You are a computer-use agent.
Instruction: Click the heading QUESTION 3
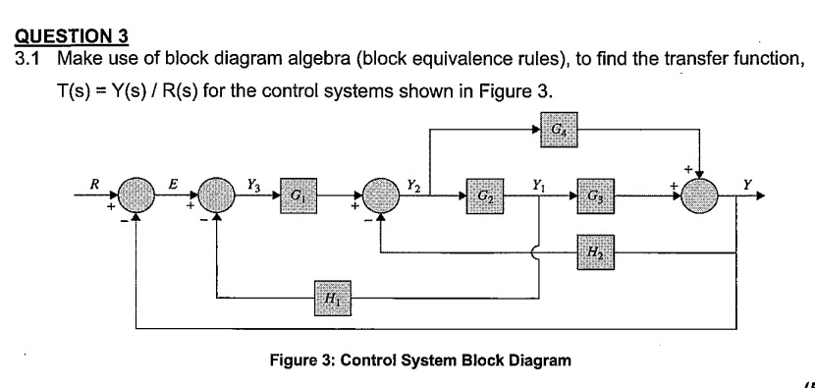tap(73, 38)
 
